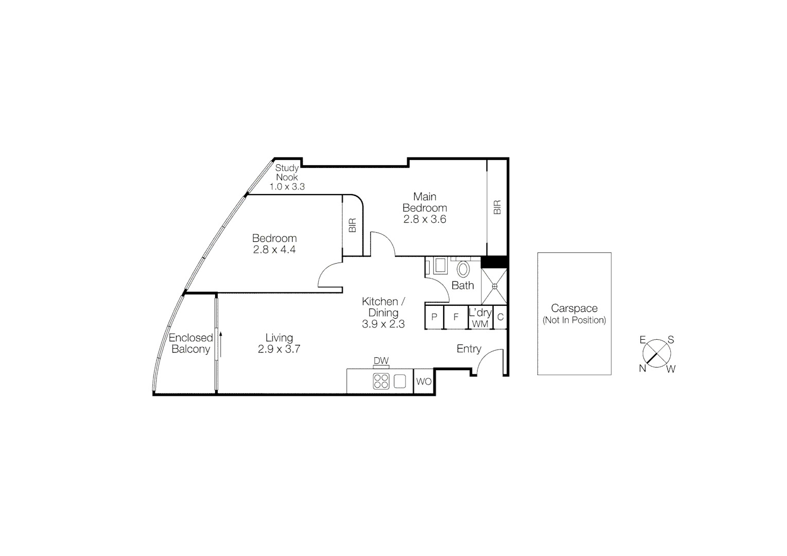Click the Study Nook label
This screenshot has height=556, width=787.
(287, 172)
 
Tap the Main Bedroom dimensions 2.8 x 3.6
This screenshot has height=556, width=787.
(425, 219)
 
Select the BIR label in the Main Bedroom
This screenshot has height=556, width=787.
(497, 207)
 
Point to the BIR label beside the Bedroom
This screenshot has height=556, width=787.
(353, 225)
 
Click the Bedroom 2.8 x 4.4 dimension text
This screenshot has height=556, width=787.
(274, 250)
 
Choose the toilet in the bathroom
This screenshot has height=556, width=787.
(463, 269)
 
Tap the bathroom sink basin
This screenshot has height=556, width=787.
(440, 266)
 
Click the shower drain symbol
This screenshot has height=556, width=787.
(495, 286)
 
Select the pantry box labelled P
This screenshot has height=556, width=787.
(434, 317)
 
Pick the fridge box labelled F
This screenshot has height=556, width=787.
(456, 317)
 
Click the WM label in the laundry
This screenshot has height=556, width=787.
(480, 324)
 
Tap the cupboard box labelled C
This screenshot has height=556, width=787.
(500, 317)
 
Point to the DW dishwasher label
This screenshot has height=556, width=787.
(381, 361)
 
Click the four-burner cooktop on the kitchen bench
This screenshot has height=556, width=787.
(381, 381)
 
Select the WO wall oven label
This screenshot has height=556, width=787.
(424, 381)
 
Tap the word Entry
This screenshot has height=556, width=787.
(469, 349)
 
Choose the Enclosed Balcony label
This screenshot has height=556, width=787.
(191, 343)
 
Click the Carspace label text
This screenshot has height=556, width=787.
(574, 308)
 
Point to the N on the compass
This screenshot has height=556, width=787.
(643, 368)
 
